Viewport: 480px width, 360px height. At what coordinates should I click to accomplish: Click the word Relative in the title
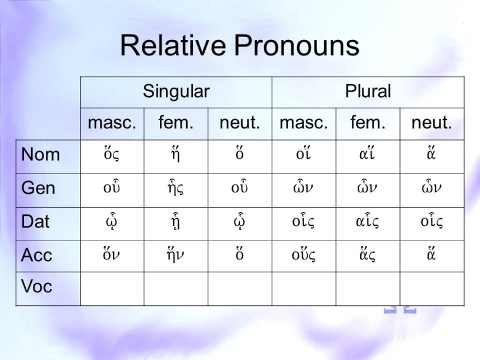pos(174,45)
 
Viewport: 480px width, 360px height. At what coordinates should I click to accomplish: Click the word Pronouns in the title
pos(296,45)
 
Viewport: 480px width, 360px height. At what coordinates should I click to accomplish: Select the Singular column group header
pos(176,92)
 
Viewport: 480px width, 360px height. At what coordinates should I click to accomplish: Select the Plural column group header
pos(368,91)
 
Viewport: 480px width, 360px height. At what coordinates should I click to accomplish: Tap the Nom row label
pos(41,154)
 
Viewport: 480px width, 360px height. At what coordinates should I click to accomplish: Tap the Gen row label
pos(38,188)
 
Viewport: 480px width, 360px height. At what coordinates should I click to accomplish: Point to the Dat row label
pos(35,221)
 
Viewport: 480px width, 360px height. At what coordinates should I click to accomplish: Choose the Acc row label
pos(36,255)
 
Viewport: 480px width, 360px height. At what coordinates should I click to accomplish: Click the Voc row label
pos(36,286)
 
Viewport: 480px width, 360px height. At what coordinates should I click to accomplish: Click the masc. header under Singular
pos(112,123)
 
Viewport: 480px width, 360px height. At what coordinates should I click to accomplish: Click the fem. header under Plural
pos(368,122)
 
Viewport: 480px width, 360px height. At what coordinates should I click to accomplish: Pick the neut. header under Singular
pos(239,123)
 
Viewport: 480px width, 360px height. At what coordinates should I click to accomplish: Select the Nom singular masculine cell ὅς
pos(111,154)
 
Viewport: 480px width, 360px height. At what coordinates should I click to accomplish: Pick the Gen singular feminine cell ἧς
pos(176,187)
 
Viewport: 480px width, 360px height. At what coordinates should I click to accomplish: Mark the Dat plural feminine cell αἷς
pos(367,221)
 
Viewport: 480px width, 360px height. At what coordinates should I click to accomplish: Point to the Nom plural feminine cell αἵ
pos(367,154)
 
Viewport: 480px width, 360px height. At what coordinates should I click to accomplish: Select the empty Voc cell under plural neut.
pos(432,289)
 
